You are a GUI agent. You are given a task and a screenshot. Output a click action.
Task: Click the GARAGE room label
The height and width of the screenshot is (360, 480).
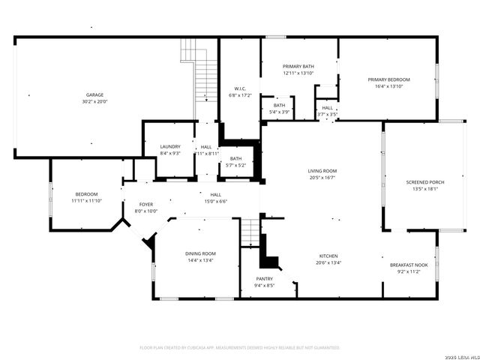pyautogui.click(x=95, y=94)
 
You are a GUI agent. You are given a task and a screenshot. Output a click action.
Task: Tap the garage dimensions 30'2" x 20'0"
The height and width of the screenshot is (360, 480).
pyautogui.click(x=95, y=100)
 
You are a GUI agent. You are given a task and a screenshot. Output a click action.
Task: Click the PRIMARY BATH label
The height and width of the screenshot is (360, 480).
pyautogui.click(x=298, y=67)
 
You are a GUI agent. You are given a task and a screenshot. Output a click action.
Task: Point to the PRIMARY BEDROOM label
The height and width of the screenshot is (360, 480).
pyautogui.click(x=388, y=79)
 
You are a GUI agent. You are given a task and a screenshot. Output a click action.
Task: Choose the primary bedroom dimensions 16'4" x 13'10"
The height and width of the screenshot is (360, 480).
pyautogui.click(x=388, y=86)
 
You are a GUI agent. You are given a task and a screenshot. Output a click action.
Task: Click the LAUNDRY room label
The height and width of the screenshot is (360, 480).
pyautogui.click(x=170, y=147)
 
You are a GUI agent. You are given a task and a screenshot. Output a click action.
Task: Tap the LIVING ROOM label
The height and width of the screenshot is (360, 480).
pyautogui.click(x=322, y=171)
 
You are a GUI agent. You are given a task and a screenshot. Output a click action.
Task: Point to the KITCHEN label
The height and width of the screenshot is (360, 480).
pyautogui.click(x=328, y=256)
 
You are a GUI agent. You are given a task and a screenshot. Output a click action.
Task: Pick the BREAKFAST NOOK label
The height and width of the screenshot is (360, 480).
pyautogui.click(x=409, y=265)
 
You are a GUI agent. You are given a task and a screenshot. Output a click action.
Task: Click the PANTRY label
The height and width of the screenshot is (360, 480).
pyautogui.click(x=264, y=278)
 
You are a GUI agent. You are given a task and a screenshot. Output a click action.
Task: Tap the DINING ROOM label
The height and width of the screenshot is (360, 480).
pyautogui.click(x=200, y=253)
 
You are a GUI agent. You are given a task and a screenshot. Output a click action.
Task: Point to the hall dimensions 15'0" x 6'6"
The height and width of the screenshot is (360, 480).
pyautogui.click(x=215, y=201)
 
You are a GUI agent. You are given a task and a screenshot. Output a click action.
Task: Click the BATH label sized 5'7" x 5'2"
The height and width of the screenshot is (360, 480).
pyautogui.click(x=236, y=158)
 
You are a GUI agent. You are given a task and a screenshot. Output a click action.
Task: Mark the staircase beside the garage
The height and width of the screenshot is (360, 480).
pyautogui.click(x=197, y=75)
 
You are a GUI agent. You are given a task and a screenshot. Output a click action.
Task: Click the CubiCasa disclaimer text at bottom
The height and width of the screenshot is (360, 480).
pyautogui.click(x=240, y=348)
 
